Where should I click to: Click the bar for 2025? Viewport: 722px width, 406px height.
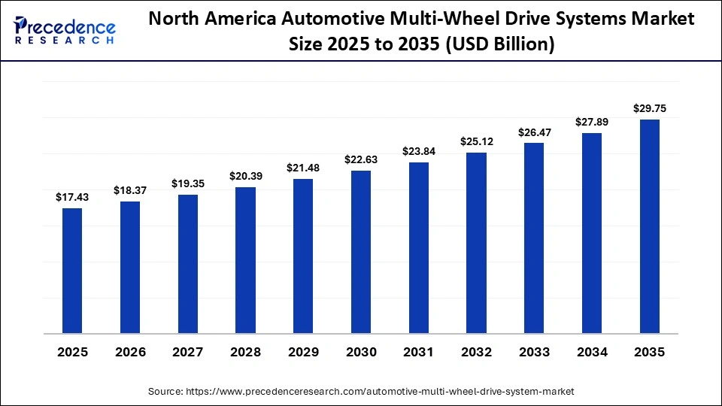[72, 271]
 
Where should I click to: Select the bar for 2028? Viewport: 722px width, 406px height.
[245, 260]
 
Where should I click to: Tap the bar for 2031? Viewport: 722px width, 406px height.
[419, 247]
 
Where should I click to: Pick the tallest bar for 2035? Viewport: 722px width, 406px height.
[650, 226]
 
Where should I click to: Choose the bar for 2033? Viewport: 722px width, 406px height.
[534, 238]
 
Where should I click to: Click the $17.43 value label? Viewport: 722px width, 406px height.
[72, 197]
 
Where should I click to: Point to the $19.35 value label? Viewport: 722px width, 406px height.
[188, 183]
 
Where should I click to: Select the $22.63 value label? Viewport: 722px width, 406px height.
[361, 159]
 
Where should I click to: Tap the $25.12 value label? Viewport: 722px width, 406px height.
[476, 141]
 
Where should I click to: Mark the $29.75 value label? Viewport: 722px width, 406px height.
[650, 108]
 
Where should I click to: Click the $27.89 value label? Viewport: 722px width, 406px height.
[592, 122]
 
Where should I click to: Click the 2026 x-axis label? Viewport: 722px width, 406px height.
[130, 352]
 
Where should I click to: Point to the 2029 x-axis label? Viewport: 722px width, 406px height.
[303, 352]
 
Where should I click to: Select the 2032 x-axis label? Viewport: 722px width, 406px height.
[476, 352]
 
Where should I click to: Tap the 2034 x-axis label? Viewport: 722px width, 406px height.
[592, 352]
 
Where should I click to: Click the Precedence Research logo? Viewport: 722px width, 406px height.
[65, 30]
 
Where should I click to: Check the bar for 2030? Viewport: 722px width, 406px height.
[361, 252]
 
